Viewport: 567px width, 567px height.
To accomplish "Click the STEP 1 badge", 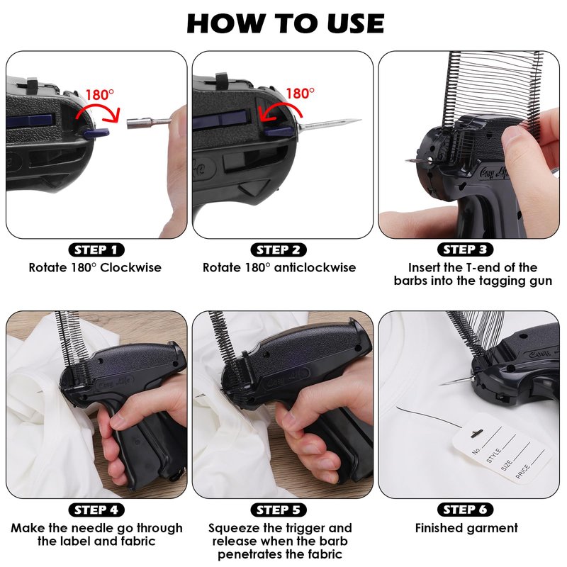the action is tap(96, 250).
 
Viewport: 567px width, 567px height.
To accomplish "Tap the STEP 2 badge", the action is tap(279, 250).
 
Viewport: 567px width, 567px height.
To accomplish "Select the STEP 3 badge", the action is tap(466, 249).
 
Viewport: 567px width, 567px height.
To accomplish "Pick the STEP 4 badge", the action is tap(96, 510).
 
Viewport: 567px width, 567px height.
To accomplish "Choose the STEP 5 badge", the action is tap(279, 510).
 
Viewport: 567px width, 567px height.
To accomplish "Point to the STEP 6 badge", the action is tap(466, 510).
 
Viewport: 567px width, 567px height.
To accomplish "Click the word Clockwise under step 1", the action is tap(130, 268).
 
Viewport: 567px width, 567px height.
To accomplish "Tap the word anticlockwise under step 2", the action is tap(315, 268).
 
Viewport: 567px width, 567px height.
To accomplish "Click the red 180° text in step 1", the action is tap(99, 95).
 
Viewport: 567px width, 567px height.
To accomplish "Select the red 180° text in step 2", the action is tap(300, 94).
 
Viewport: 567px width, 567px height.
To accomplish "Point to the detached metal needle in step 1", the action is tap(148, 122).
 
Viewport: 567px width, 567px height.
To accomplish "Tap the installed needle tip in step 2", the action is tap(358, 120).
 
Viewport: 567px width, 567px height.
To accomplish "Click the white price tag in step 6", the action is tap(501, 448).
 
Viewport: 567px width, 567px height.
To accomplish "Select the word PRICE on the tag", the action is tap(523, 471).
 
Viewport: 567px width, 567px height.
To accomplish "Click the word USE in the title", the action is tap(356, 24).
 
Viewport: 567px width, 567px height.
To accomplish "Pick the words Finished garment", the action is tap(466, 528).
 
